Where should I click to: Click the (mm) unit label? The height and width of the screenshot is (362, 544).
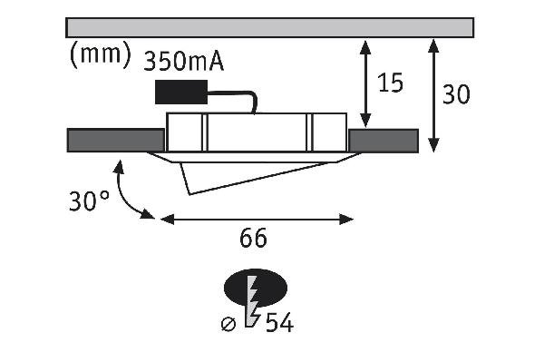[x=101, y=54]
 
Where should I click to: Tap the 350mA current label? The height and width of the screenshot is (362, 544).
[x=183, y=62]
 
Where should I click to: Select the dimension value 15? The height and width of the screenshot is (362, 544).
[x=391, y=83]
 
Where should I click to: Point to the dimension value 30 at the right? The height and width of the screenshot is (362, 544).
[x=457, y=93]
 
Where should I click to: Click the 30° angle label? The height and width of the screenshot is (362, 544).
[x=89, y=201]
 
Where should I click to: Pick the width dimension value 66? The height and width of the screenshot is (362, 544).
[x=253, y=238]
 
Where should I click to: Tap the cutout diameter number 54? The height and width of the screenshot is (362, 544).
[x=279, y=323]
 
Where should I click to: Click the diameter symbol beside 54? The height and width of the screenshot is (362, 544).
[x=228, y=325]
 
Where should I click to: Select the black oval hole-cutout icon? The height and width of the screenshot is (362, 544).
[x=256, y=289]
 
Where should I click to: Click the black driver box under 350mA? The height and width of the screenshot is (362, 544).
[x=181, y=92]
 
